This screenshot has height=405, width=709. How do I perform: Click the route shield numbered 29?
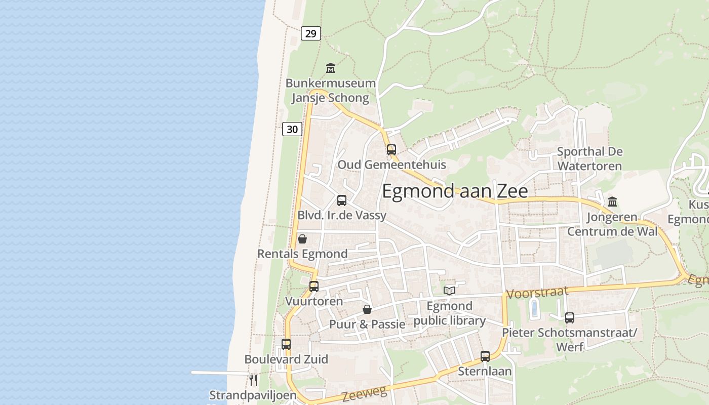tap(311, 33)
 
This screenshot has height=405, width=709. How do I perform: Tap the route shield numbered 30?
tap(292, 129)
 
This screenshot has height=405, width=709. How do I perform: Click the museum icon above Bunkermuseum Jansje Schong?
tap(331, 68)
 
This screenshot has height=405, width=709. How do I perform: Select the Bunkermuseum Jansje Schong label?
tap(331, 90)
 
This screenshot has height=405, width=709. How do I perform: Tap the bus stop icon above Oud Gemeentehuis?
tap(391, 149)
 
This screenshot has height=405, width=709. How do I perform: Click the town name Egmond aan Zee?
tap(455, 191)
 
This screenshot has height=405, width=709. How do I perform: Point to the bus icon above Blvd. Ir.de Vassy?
tap(342, 200)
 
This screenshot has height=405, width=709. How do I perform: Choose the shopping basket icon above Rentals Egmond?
tap(302, 238)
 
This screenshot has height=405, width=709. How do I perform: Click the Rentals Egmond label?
tap(302, 254)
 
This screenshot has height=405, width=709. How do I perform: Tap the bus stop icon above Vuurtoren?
tap(314, 286)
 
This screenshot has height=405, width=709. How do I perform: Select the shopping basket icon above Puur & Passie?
tap(367, 309)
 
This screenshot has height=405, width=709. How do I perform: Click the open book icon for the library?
tap(449, 290)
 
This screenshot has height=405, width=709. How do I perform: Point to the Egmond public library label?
tap(449, 313)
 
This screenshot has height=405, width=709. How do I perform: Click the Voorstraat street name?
tap(537, 293)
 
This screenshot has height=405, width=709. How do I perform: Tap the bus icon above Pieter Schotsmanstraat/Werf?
tap(570, 318)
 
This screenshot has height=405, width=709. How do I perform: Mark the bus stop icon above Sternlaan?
tap(485, 356)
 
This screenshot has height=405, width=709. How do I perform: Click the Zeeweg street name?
tap(364, 393)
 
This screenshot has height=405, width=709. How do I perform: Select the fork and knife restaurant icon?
tap(253, 379)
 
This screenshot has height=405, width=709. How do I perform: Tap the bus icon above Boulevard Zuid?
tap(286, 344)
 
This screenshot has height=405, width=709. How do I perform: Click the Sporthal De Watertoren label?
tap(589, 158)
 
